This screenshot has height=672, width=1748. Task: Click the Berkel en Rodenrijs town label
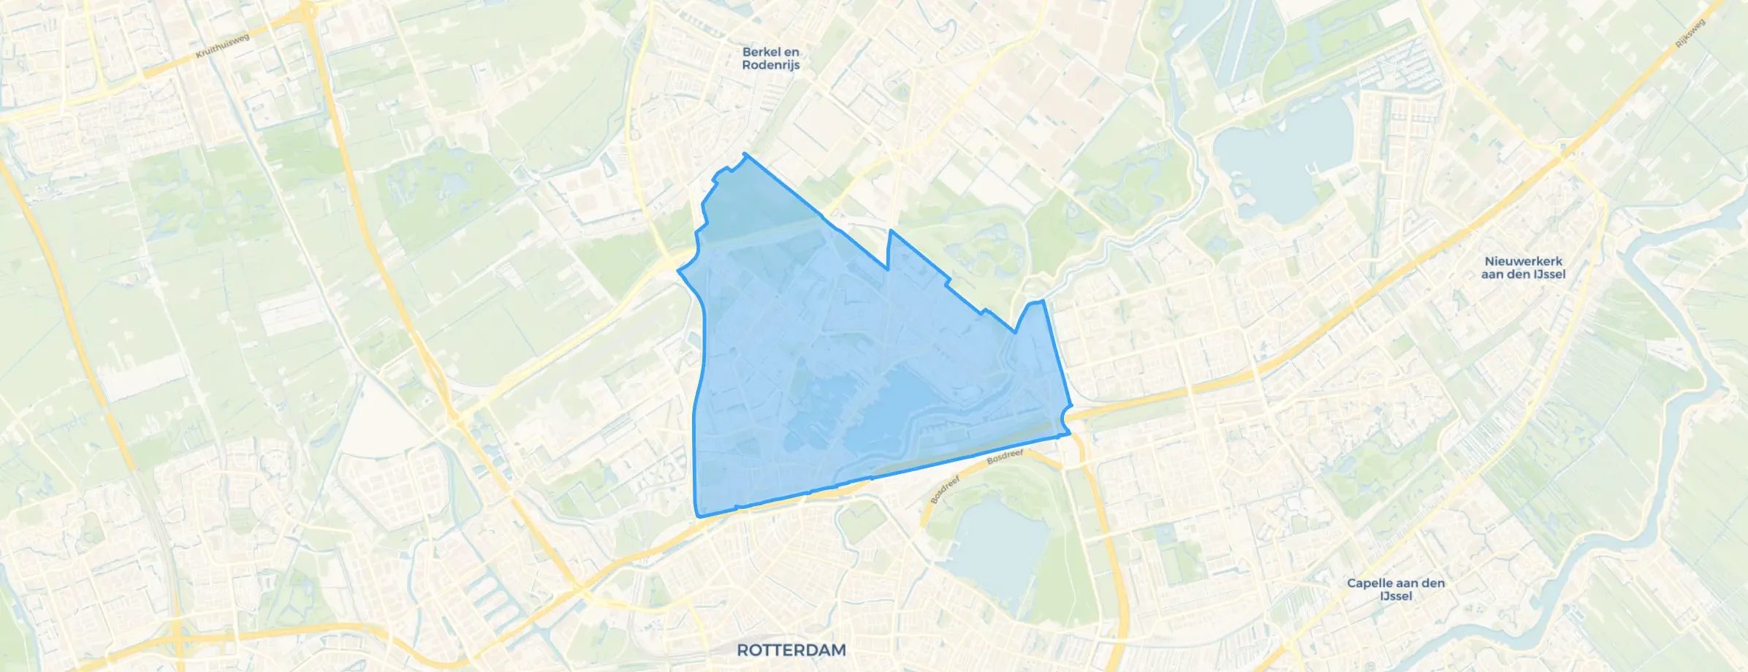(770, 58)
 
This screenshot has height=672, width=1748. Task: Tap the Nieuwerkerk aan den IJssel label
(1523, 267)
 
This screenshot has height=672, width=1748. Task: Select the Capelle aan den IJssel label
(1396, 589)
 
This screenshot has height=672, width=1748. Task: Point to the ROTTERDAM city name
(791, 649)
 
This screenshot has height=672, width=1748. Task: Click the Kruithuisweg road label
(223, 46)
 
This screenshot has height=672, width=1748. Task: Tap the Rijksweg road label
(1690, 34)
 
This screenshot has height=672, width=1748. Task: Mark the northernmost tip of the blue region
(745, 153)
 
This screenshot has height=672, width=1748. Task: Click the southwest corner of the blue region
(699, 516)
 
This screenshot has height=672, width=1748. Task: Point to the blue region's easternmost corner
(1071, 433)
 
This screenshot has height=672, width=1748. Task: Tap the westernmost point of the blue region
(679, 271)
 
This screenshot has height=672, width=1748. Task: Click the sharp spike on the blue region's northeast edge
(890, 231)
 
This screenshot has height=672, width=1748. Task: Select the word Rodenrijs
(770, 65)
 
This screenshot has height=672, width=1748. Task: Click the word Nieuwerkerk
(1523, 261)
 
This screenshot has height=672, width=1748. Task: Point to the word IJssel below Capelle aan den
(1396, 596)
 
